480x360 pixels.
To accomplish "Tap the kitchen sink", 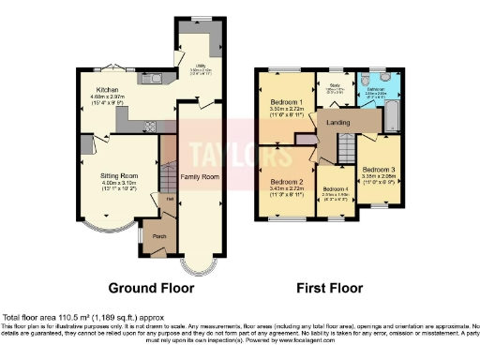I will [x=151, y=79].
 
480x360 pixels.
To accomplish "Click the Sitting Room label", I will [x=119, y=175].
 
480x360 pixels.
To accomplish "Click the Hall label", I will [x=170, y=198].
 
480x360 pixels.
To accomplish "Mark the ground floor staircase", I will [x=169, y=175].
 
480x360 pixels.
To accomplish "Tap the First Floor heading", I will [x=329, y=287].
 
